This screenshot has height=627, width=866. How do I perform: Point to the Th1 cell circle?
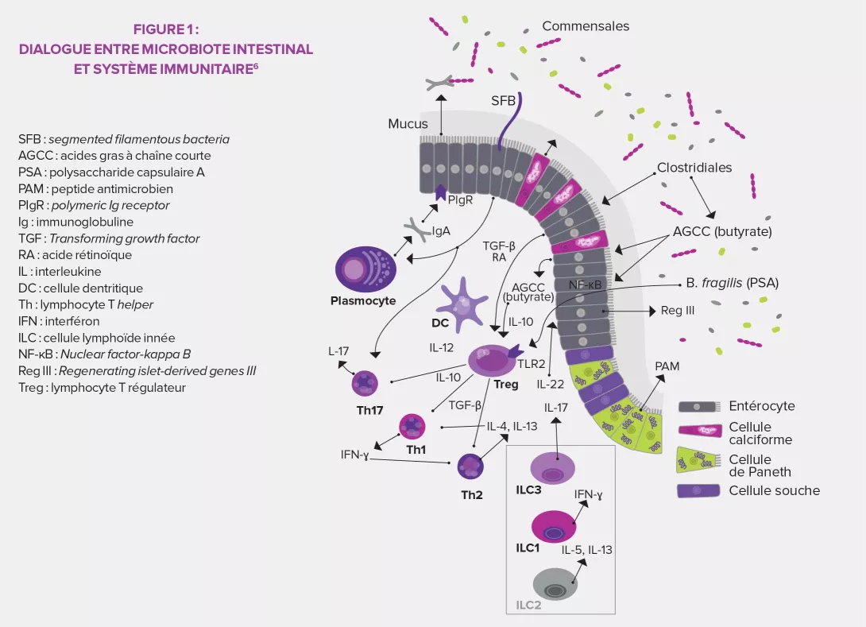[x=412, y=427]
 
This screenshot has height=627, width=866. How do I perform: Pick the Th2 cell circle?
[x=471, y=466]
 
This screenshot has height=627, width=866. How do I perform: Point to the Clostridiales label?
[x=694, y=168]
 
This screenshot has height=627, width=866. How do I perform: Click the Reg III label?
[x=677, y=311]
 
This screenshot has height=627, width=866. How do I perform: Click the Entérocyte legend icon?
[x=698, y=407]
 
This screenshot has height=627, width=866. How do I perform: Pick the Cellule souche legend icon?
[x=698, y=490]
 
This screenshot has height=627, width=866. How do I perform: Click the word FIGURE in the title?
[x=157, y=29]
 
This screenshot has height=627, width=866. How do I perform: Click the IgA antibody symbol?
[x=416, y=230]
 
